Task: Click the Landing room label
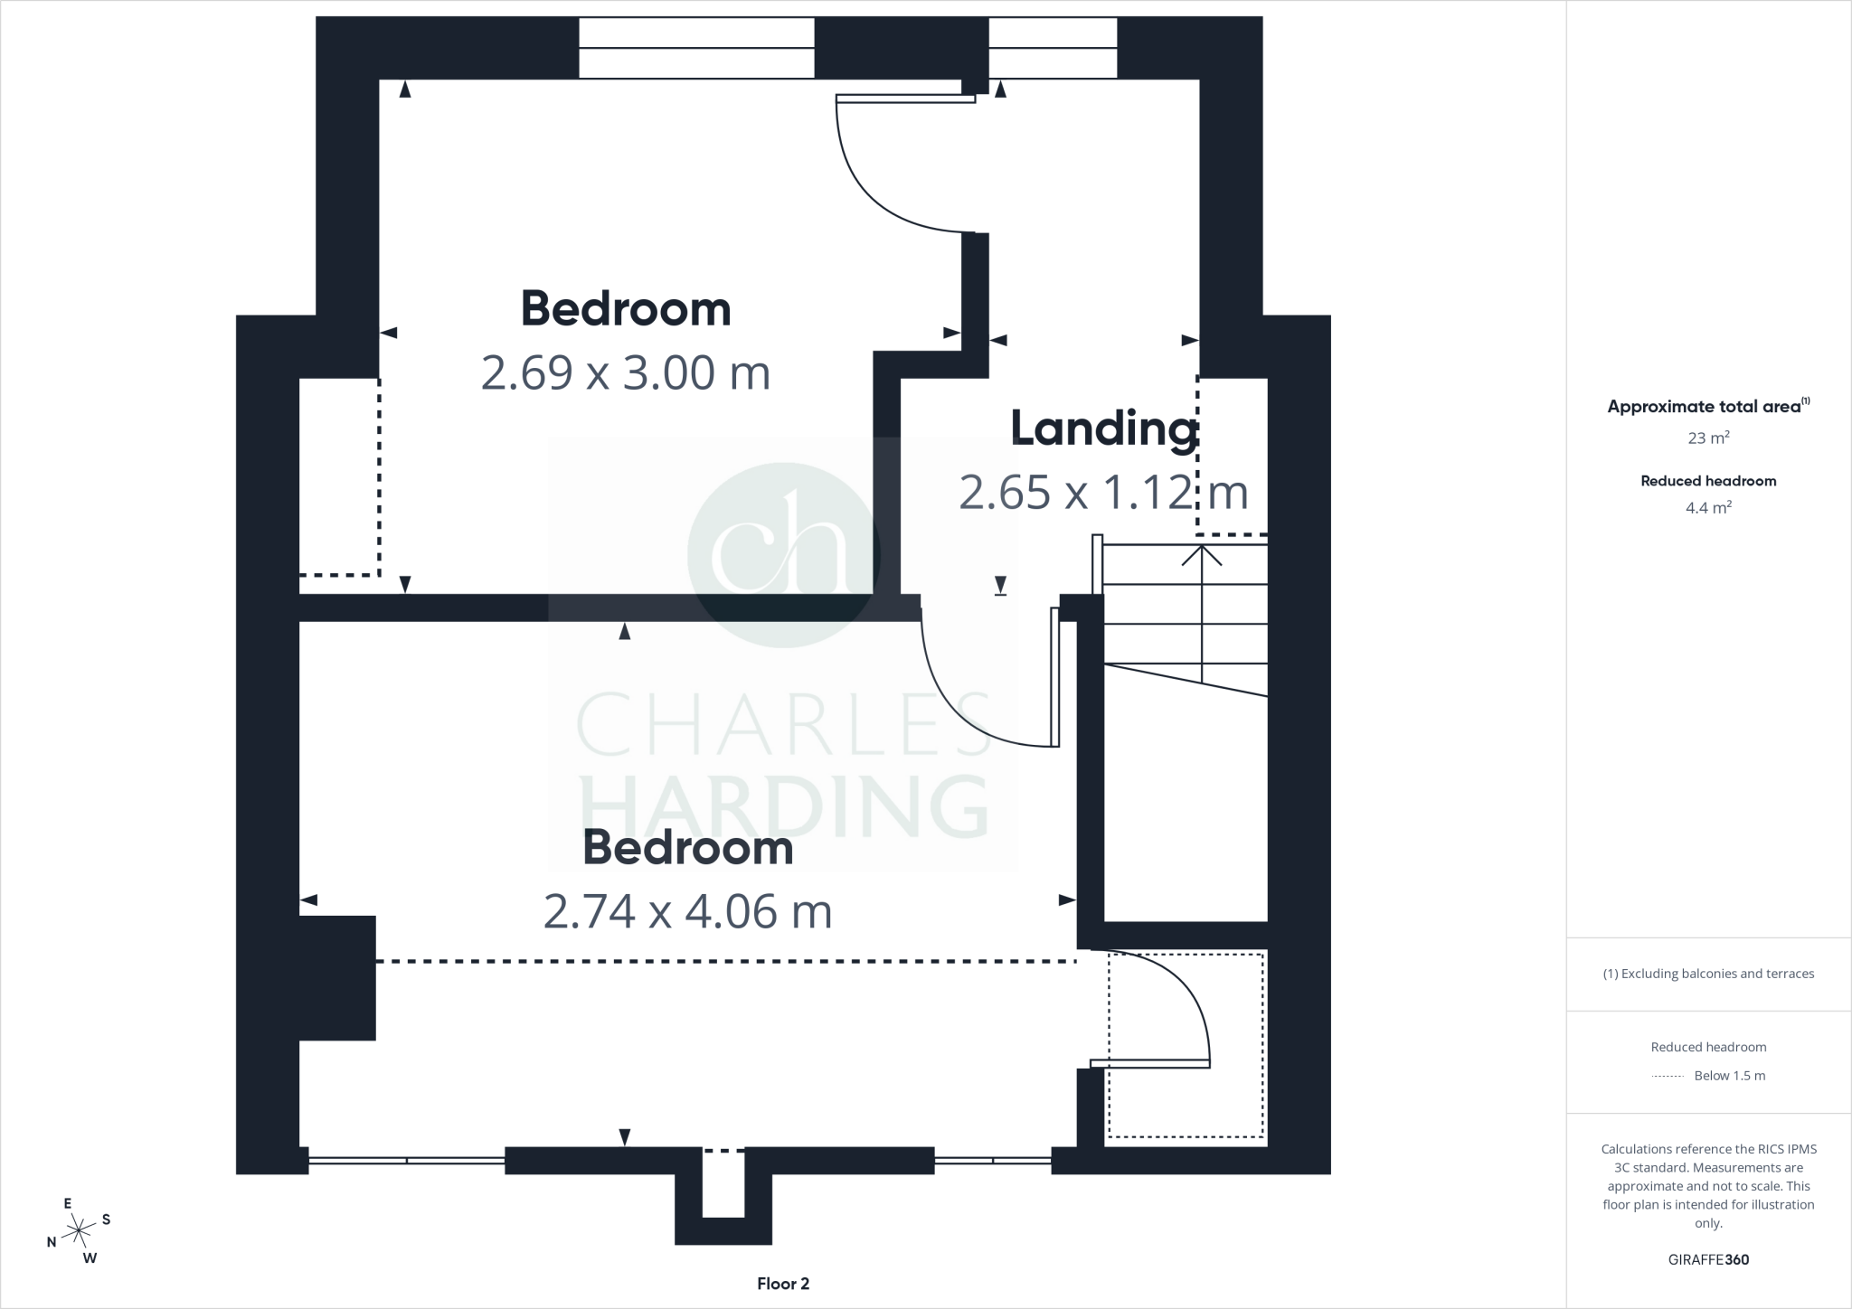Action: [1103, 428]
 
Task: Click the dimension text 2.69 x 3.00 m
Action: [625, 372]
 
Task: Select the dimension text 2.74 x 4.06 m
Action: [687, 911]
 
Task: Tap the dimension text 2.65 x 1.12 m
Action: [1103, 493]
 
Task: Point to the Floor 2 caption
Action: [783, 1284]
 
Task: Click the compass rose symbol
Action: [80, 1229]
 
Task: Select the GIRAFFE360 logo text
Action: [1708, 1259]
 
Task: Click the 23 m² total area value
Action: [1708, 438]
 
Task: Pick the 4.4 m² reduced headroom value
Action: [1708, 508]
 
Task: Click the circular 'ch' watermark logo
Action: [783, 554]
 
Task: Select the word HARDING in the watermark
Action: [783, 806]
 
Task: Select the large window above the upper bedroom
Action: [696, 49]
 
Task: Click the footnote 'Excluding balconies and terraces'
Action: [1708, 974]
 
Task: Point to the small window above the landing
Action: [1053, 49]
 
